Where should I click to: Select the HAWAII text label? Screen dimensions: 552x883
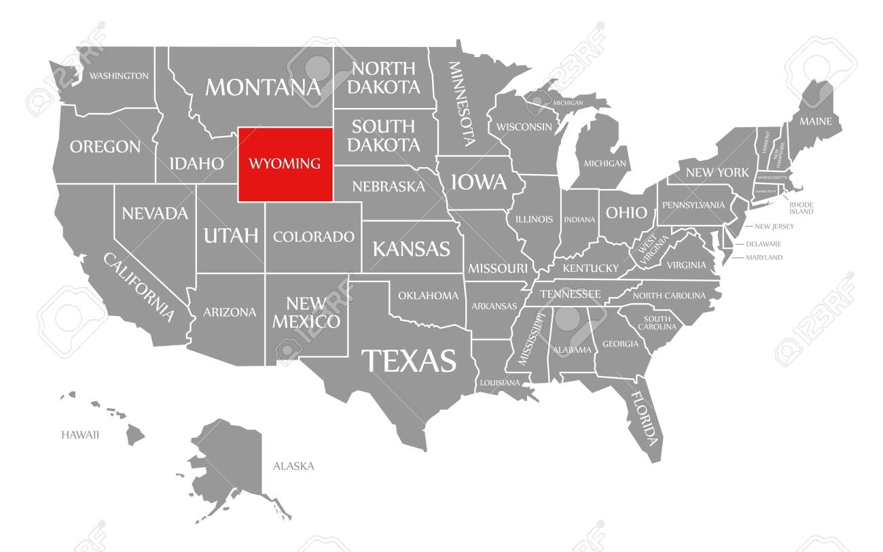80,434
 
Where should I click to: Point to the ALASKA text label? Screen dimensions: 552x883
293,466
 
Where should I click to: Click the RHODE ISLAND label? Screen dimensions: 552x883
801,208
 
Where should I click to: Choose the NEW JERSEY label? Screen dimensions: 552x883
770,226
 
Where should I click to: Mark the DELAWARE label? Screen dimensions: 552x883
763,243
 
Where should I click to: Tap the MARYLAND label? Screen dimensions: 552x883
764,258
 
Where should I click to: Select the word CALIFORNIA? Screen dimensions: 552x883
139,286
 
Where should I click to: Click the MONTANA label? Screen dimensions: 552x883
263,87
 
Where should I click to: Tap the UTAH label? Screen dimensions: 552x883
231,236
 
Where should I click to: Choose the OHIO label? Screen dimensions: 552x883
626,213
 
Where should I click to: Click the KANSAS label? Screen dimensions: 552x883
410,249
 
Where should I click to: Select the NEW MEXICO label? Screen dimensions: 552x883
306,312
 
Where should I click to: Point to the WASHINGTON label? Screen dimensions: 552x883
119,75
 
